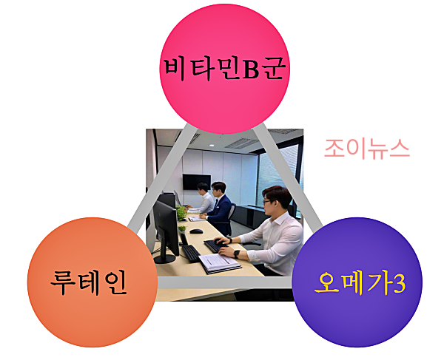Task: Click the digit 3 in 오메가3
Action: pos(399,282)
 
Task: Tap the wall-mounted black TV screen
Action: pos(195,181)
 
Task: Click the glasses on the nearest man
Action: pos(269,201)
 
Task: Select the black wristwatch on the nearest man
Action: pos(237,253)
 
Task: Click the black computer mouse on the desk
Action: pos(196,231)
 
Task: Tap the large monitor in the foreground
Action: pos(165,225)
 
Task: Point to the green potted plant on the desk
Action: pos(181,212)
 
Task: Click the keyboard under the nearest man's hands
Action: pos(215,245)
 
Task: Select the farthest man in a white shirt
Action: pos(201,198)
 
